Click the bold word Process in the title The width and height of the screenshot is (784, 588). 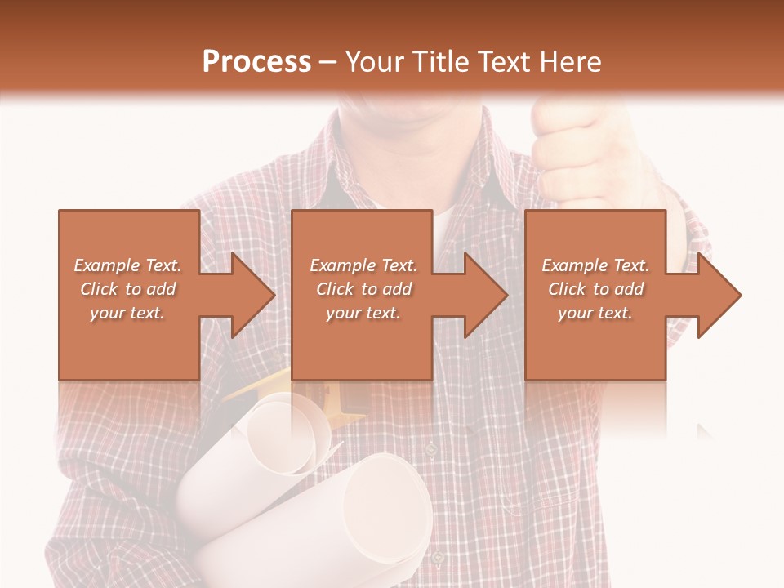click(x=256, y=62)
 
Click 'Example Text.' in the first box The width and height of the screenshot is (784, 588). click(x=128, y=265)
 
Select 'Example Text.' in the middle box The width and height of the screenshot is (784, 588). click(x=363, y=265)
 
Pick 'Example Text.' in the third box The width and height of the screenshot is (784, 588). click(x=595, y=265)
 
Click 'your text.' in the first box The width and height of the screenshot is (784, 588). click(x=127, y=313)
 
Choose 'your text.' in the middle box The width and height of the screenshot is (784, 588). click(x=363, y=313)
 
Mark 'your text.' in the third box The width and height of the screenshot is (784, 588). click(x=595, y=313)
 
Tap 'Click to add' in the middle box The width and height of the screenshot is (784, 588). click(x=363, y=289)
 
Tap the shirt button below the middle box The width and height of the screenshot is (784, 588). click(x=431, y=448)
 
